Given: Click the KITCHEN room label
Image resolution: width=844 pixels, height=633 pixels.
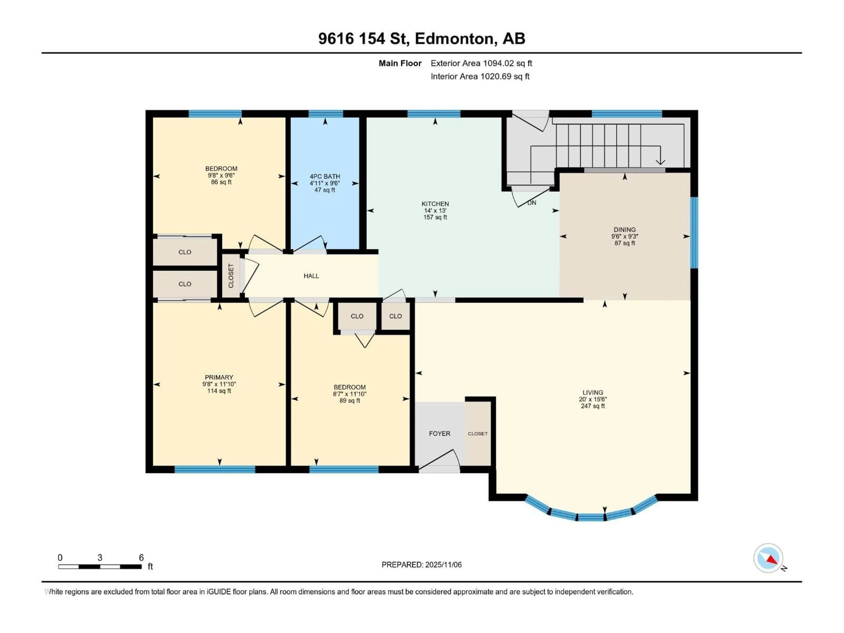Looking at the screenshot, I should (435, 204).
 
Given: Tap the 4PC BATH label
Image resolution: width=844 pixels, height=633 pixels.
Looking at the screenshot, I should (325, 176).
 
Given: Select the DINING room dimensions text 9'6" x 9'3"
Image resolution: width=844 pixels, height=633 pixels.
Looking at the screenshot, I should (625, 236).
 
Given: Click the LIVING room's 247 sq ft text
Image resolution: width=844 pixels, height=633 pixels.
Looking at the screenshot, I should (593, 406).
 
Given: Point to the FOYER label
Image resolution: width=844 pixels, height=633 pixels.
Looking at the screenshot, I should (440, 433).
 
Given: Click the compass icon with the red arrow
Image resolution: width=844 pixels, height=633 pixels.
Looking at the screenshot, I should (768, 558).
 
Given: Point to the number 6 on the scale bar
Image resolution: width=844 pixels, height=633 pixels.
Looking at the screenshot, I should (141, 557).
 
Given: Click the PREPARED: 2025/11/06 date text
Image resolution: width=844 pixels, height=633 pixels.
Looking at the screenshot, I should (422, 565).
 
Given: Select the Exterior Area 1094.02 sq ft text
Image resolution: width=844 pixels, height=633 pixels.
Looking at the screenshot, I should (481, 63).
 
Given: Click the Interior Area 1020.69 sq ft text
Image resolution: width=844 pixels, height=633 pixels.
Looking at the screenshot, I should (480, 76).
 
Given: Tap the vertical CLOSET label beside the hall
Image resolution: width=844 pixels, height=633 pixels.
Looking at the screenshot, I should (231, 276).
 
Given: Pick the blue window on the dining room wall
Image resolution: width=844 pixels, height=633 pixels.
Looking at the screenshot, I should (694, 233).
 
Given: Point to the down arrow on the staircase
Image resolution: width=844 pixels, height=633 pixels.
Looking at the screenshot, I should (660, 162).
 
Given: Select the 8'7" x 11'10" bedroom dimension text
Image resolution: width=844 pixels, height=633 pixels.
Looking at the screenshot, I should (349, 394).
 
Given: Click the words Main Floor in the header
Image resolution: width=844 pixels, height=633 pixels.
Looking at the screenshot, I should (400, 63).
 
